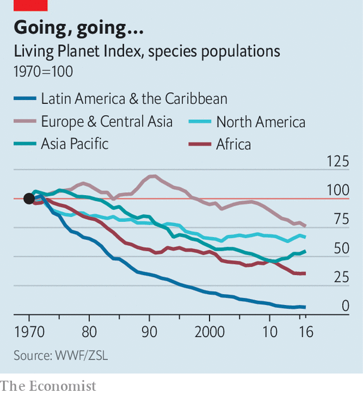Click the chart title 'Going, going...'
click(78, 28)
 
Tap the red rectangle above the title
click(30, 5)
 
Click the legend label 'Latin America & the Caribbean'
click(134, 99)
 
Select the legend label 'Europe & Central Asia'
click(106, 122)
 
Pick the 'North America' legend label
click(260, 122)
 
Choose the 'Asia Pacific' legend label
click(75, 144)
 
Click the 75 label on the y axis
click(340, 220)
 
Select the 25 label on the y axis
click(340, 277)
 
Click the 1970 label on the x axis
click(29, 331)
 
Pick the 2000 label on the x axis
click(209, 331)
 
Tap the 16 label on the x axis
click(306, 331)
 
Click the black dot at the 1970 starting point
click(29, 199)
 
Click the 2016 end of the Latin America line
click(305, 307)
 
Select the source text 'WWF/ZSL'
click(84, 355)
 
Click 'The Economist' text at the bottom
click(48, 385)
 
